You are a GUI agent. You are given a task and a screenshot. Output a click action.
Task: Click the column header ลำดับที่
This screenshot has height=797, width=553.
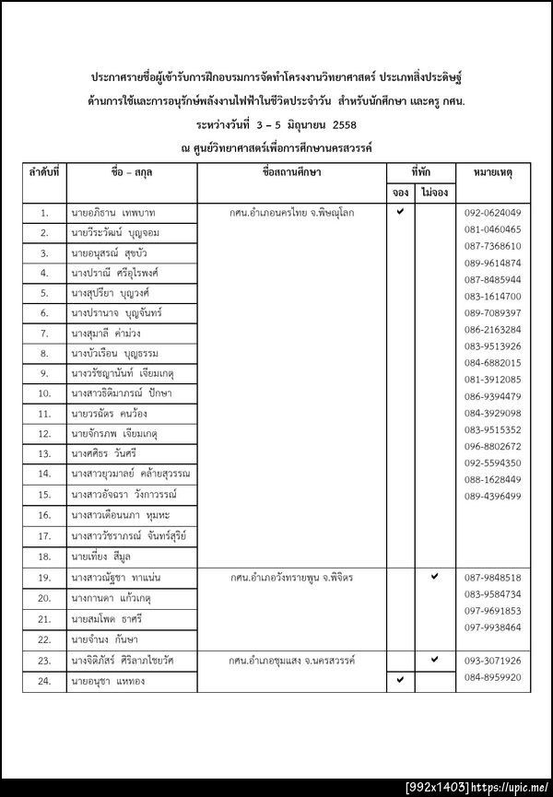click(x=44, y=172)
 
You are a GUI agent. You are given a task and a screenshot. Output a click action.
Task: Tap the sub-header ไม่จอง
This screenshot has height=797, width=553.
click(x=434, y=193)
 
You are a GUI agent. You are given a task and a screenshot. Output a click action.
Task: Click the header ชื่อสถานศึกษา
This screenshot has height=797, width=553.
click(x=292, y=172)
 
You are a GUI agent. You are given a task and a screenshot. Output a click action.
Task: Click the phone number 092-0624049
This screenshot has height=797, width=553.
click(x=492, y=213)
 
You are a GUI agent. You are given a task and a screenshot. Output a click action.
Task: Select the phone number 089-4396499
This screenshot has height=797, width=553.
click(x=492, y=496)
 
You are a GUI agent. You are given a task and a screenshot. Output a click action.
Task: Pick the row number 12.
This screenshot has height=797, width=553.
click(x=44, y=433)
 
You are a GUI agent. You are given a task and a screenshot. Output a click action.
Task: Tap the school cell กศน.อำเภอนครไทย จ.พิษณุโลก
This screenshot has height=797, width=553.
click(x=292, y=213)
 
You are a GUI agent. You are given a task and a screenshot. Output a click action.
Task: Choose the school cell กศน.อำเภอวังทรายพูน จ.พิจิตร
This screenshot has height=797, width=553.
click(x=292, y=578)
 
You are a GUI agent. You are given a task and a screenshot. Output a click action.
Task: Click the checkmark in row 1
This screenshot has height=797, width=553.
click(x=400, y=212)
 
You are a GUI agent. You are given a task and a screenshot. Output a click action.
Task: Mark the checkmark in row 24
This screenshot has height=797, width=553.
click(x=400, y=680)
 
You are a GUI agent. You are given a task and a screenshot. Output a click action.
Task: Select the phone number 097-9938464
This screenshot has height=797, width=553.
click(x=492, y=627)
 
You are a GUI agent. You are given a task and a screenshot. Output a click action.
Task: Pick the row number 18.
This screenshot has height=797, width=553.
click(x=44, y=557)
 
